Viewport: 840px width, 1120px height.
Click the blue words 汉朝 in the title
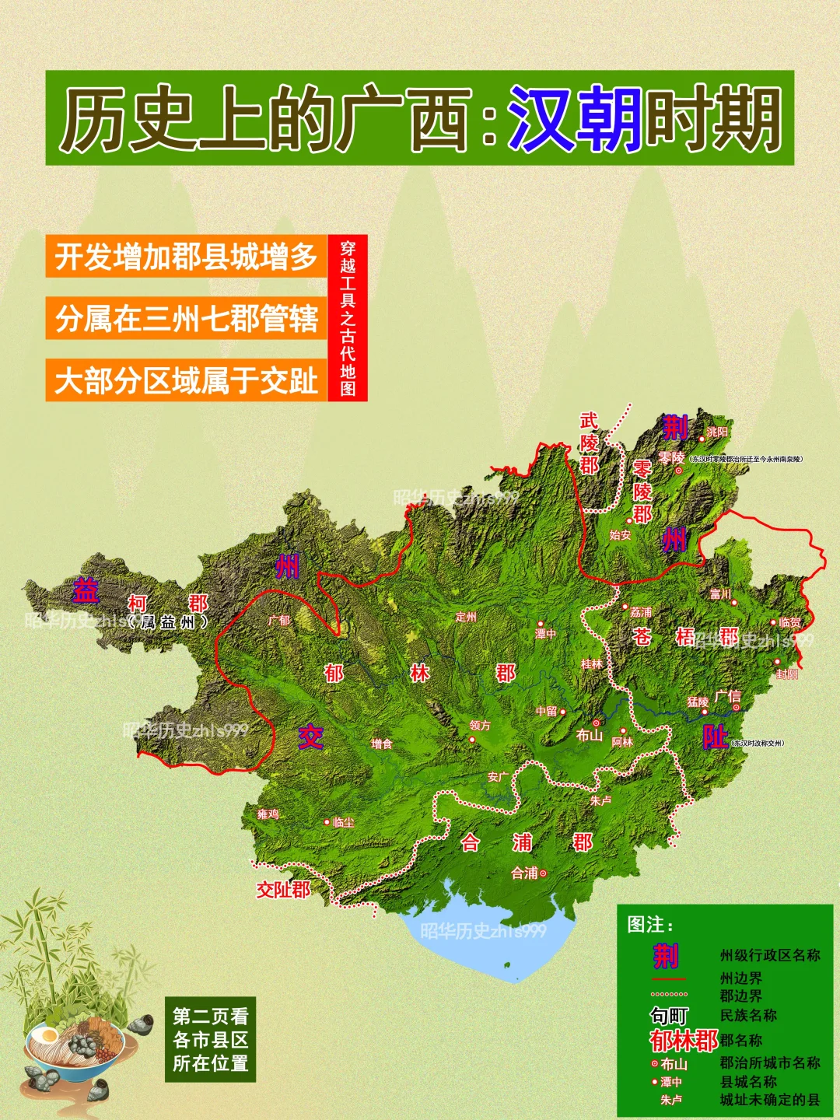(575, 118)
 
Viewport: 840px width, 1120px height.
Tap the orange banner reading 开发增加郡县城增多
(186, 257)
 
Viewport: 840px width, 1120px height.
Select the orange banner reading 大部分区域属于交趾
(186, 381)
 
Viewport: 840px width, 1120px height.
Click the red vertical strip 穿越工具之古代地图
(348, 318)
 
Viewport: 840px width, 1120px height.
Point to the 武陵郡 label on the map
(589, 443)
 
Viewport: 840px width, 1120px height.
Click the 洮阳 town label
(717, 432)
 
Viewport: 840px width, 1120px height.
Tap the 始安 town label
(620, 535)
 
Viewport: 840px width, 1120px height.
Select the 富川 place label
(720, 594)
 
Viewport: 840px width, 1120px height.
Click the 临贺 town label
(790, 622)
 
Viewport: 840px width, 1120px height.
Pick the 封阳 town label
(787, 674)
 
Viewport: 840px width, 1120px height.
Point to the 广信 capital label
(727, 696)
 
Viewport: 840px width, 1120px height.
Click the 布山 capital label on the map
(590, 735)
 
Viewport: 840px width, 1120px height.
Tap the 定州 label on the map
(466, 617)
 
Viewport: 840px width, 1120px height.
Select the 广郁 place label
(278, 621)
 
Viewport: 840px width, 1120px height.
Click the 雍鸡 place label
(268, 814)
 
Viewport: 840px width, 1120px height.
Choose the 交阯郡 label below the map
(283, 890)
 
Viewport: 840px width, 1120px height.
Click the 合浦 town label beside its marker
(524, 873)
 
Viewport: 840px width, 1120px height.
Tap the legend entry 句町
(669, 1016)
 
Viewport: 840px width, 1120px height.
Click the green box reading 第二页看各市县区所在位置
(210, 1040)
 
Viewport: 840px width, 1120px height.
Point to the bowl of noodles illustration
(74, 1046)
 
